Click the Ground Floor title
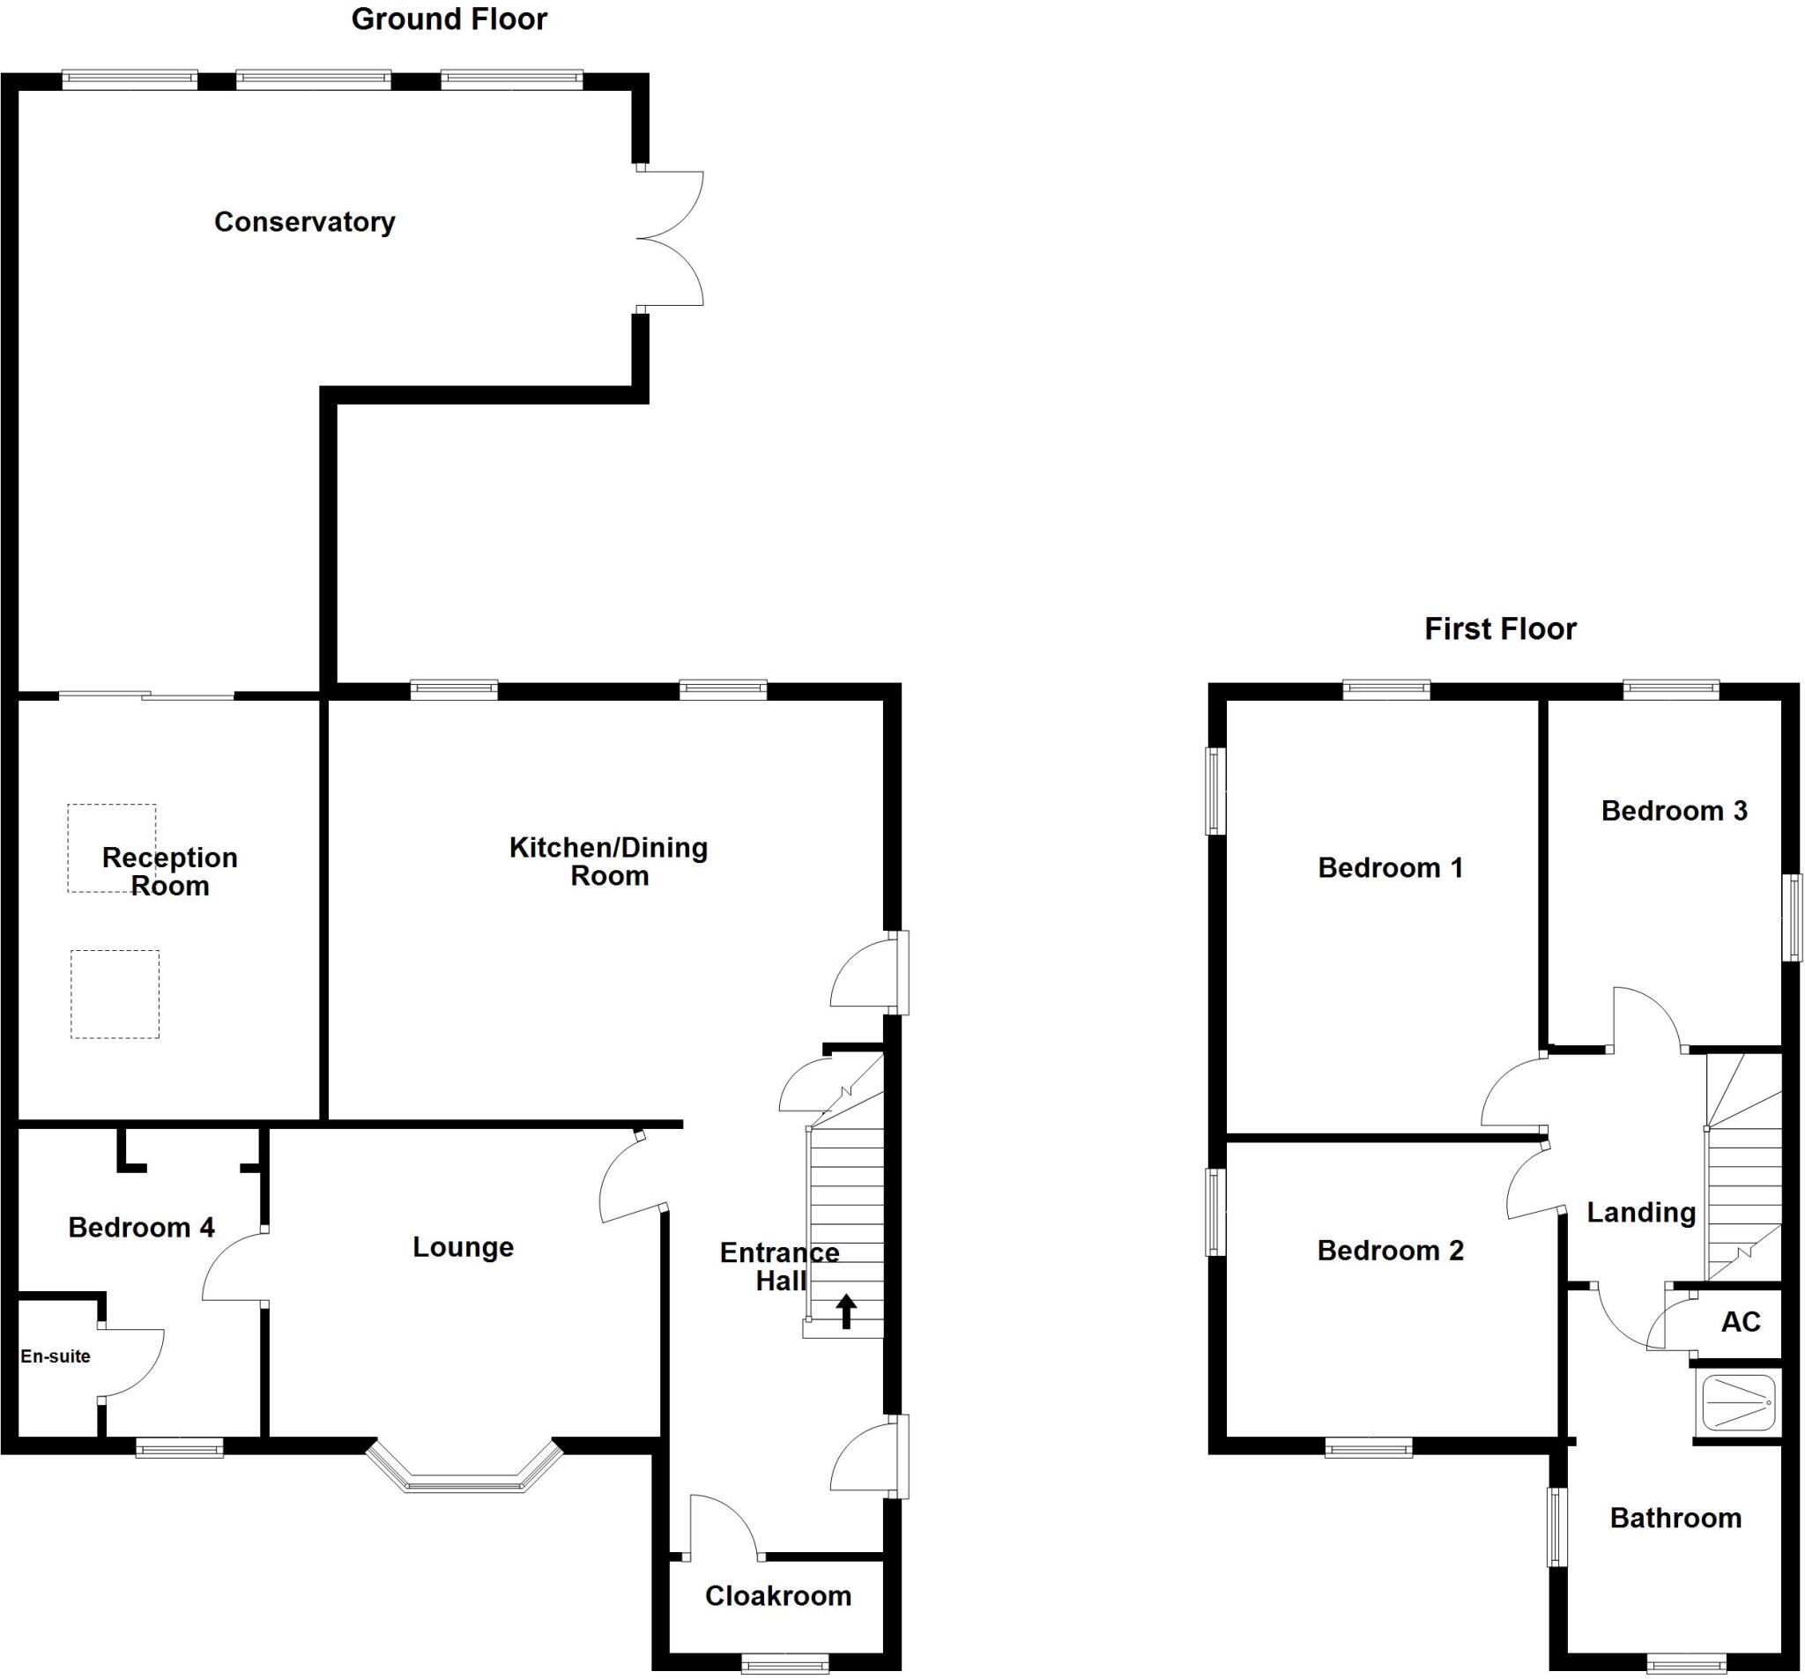coord(449,19)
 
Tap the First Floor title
coord(1500,628)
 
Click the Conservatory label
coord(304,221)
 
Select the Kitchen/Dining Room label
coord(608,861)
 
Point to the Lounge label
coord(463,1247)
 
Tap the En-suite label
coord(56,1356)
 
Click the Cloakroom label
coord(778,1595)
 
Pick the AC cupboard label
coord(1741,1321)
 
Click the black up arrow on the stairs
coord(846,1311)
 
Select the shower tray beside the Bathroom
coord(1739,1402)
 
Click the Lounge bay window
coord(464,1468)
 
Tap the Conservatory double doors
coord(670,238)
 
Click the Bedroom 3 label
coord(1675,810)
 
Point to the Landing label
coord(1641,1212)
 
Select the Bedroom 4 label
coord(142,1228)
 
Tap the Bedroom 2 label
coord(1390,1251)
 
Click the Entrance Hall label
coord(779,1267)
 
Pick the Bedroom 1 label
coord(1390,867)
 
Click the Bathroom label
coord(1675,1518)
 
